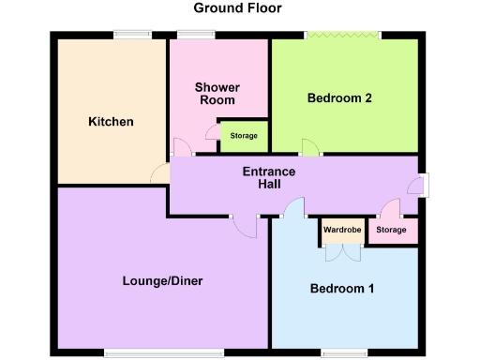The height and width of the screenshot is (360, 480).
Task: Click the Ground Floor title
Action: click(x=237, y=8)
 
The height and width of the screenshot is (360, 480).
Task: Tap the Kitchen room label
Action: click(x=111, y=122)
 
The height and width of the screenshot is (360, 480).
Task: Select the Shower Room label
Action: click(x=217, y=94)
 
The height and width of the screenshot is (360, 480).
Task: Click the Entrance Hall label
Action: click(x=269, y=177)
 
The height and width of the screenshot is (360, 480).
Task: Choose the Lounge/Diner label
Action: click(x=162, y=281)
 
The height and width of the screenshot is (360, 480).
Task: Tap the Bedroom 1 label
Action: click(x=342, y=289)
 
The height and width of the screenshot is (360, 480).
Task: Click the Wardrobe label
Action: click(x=342, y=230)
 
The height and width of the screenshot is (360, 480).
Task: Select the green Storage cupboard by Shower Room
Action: click(x=244, y=137)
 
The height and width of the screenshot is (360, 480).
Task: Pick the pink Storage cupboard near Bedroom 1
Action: click(x=391, y=231)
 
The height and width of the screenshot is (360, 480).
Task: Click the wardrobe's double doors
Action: click(x=342, y=251)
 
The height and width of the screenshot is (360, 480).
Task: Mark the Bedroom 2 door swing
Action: click(x=309, y=148)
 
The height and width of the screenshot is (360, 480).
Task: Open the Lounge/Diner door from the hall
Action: click(x=246, y=227)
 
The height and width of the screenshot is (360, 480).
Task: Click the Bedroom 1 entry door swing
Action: click(x=294, y=208)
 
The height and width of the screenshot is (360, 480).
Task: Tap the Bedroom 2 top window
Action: click(x=342, y=36)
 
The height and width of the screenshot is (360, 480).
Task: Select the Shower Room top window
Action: click(x=196, y=36)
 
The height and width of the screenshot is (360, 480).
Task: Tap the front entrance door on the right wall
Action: click(x=422, y=185)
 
